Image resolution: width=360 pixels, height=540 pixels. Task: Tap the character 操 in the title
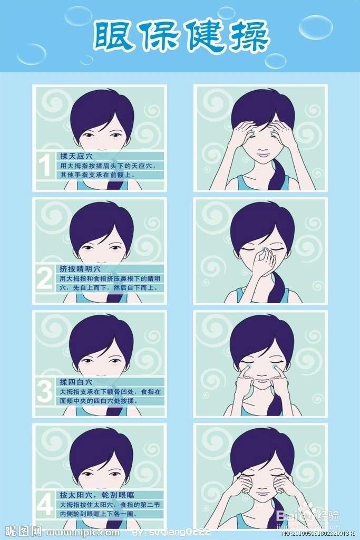[247, 37]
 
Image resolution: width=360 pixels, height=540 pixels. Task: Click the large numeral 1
[45, 165]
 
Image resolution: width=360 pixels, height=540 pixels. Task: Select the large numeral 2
[45, 278]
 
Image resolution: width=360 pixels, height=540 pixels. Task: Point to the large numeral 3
[45, 391]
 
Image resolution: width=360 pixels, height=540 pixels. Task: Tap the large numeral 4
[45, 505]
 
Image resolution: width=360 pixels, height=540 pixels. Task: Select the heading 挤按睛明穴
[80, 269]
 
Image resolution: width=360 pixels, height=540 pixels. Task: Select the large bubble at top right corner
[316, 27]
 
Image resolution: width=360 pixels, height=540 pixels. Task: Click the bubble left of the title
[32, 54]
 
